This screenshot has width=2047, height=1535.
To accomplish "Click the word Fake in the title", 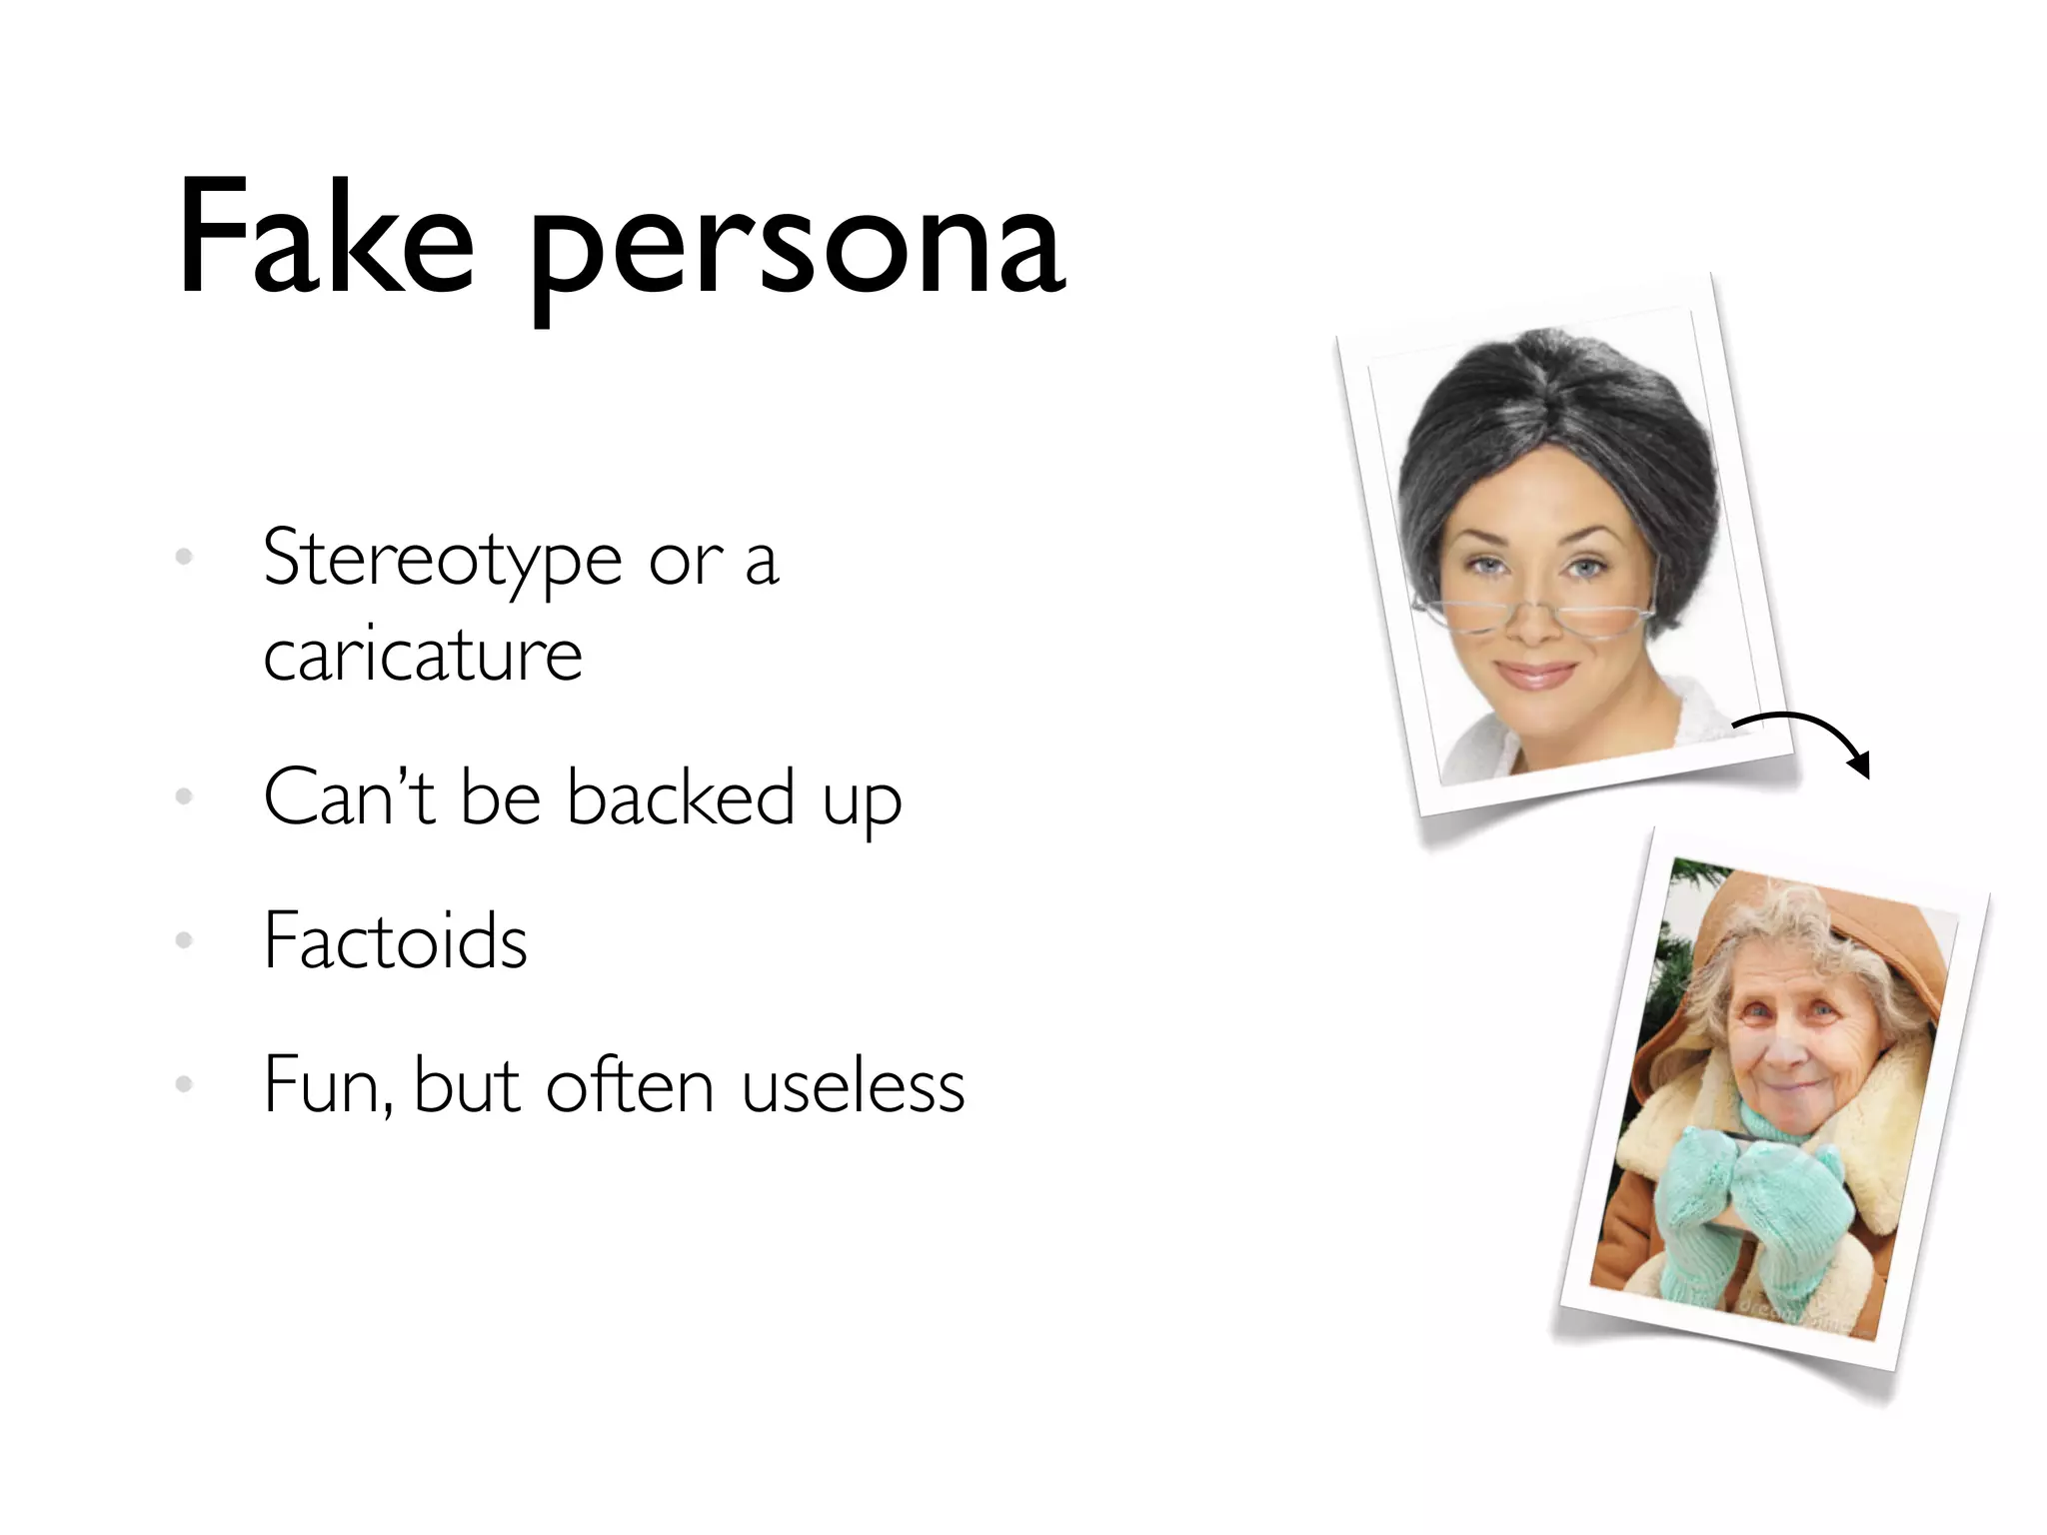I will pos(325,240).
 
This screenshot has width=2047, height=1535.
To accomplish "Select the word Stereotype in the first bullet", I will pos(443,560).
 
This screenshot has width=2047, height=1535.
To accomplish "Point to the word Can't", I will pos(349,797).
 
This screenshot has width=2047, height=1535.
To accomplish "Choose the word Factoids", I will pos(395,941).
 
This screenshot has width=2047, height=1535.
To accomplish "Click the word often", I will pos(629,1085).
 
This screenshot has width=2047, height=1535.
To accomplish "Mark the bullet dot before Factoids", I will pos(184,940).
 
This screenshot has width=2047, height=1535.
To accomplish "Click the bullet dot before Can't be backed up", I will pos(184,796).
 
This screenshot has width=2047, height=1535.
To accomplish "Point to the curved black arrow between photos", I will pos(1809,738).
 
